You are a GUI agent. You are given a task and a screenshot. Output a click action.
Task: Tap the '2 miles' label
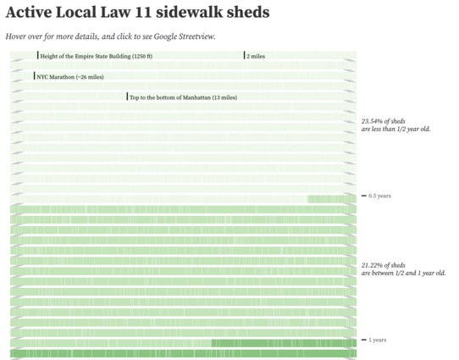click(x=256, y=56)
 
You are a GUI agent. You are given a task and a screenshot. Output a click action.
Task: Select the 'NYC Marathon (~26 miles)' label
click(x=70, y=77)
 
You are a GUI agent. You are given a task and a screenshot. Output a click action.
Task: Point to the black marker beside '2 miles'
click(x=244, y=55)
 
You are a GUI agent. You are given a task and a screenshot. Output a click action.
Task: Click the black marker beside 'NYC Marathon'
click(x=34, y=75)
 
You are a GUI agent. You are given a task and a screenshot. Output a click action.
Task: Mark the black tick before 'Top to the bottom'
click(x=127, y=97)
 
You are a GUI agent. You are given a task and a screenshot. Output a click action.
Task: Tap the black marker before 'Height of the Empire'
click(x=38, y=55)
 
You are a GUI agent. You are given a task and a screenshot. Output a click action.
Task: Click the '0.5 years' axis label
click(x=379, y=196)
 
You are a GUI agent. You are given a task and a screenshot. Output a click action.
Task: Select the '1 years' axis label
click(x=378, y=340)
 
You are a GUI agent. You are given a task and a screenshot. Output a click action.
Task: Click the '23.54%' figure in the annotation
click(x=372, y=121)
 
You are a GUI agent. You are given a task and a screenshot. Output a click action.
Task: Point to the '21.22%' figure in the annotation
click(x=372, y=265)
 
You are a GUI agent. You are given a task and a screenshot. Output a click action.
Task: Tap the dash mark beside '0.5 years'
click(x=364, y=196)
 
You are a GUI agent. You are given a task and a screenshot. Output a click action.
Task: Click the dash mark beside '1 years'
click(x=364, y=340)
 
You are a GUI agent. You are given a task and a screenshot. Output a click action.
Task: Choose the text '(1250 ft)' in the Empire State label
click(x=142, y=56)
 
